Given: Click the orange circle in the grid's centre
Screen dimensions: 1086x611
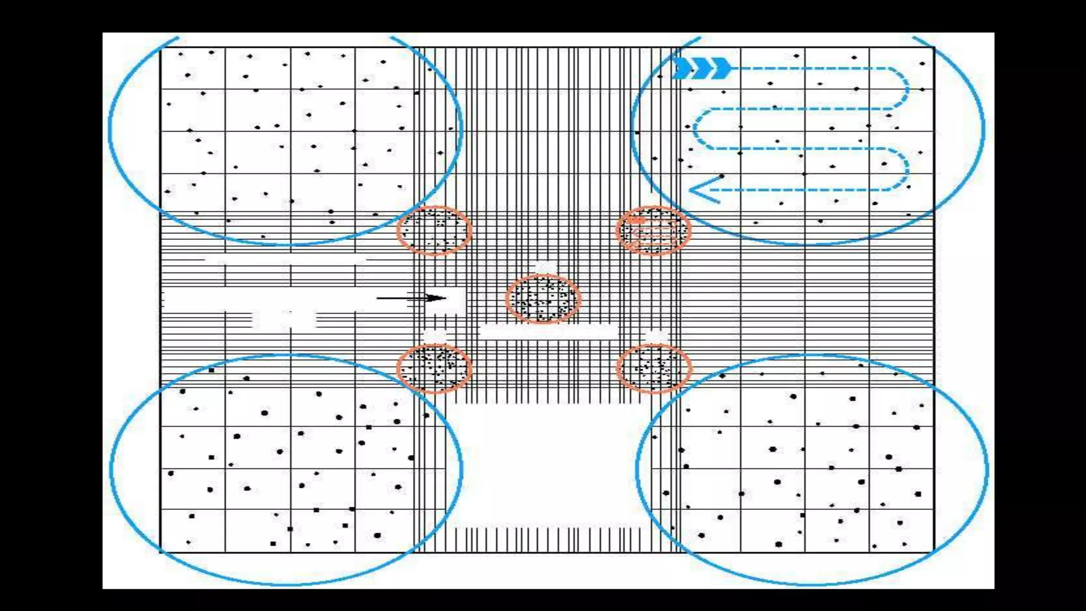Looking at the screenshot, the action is pyautogui.click(x=542, y=299).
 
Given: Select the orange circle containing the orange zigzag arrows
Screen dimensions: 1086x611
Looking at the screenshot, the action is pyautogui.click(x=653, y=231).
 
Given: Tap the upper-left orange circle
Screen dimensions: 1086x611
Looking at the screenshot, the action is pyautogui.click(x=434, y=231).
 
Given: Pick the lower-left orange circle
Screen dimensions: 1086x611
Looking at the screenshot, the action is pyautogui.click(x=434, y=369).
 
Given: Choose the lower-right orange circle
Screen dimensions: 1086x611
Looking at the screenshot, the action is pyautogui.click(x=654, y=369).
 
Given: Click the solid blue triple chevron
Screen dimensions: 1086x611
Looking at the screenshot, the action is pyautogui.click(x=702, y=68).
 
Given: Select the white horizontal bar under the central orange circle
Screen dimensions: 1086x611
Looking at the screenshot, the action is pyautogui.click(x=548, y=332).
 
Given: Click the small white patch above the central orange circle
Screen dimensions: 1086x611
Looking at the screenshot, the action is pyautogui.click(x=542, y=266).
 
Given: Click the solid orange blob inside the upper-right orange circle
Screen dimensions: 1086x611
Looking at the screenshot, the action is pyautogui.click(x=637, y=220).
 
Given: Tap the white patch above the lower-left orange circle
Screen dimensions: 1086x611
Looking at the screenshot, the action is pyautogui.click(x=435, y=336).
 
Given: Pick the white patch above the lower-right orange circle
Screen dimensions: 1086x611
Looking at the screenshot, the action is pyautogui.click(x=656, y=336).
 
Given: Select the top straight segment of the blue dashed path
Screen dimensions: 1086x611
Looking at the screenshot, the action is pyautogui.click(x=811, y=68).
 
